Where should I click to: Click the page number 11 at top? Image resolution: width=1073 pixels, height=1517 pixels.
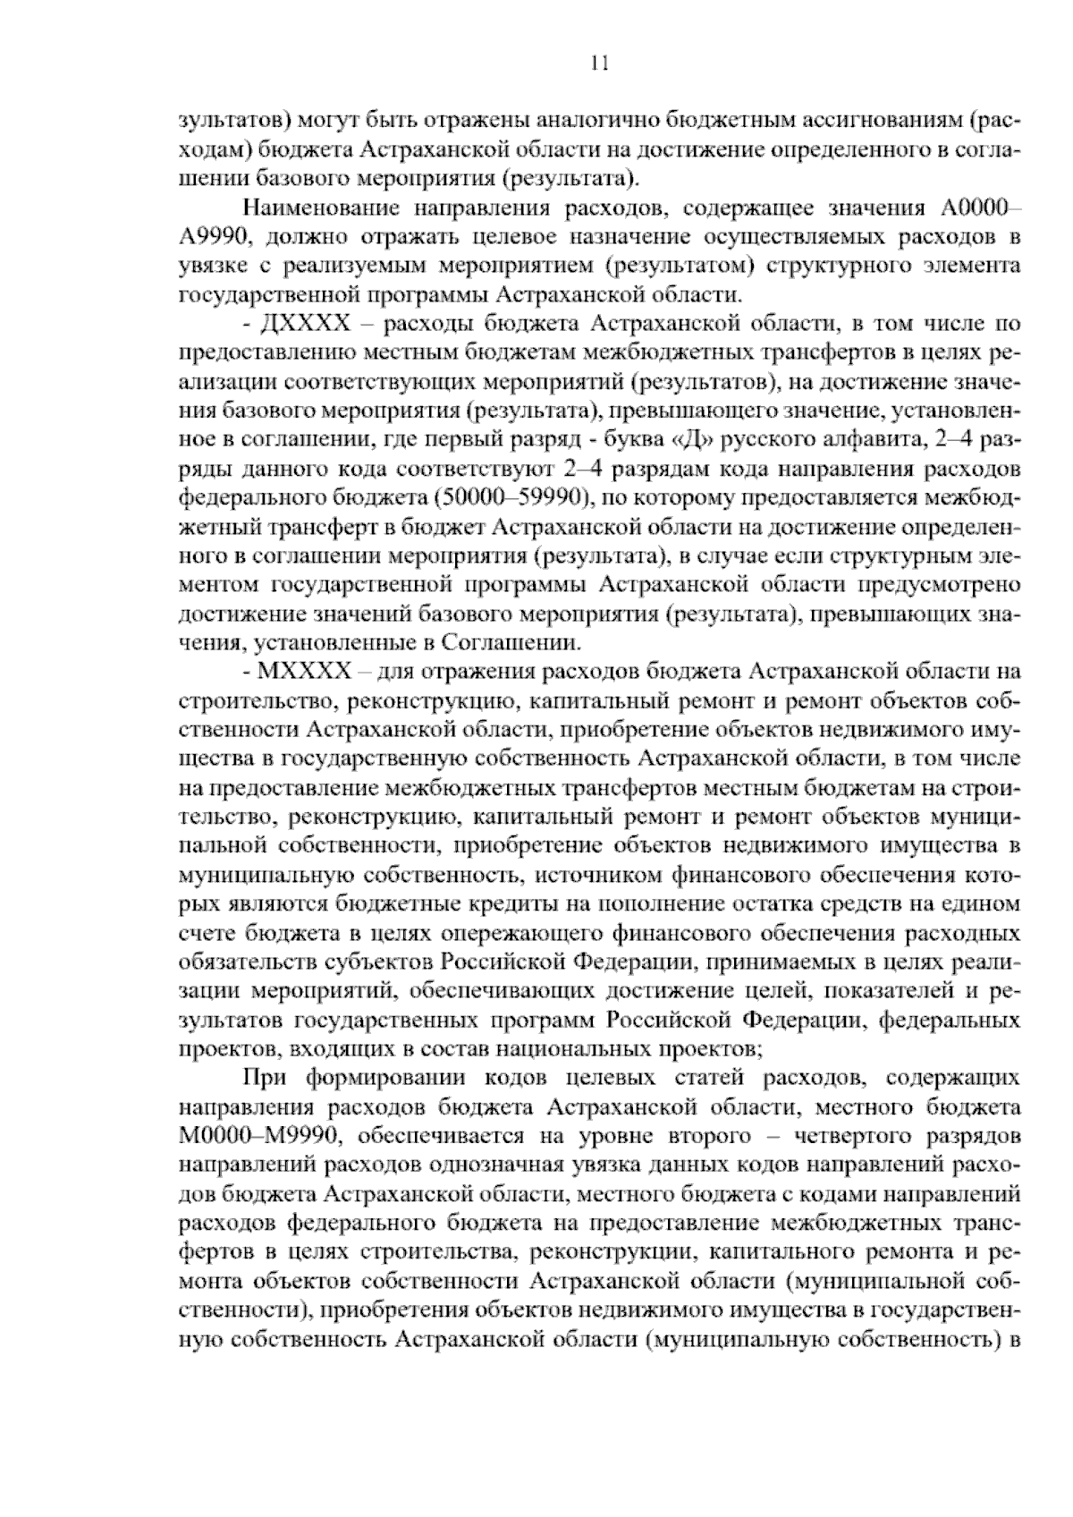click(598, 62)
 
